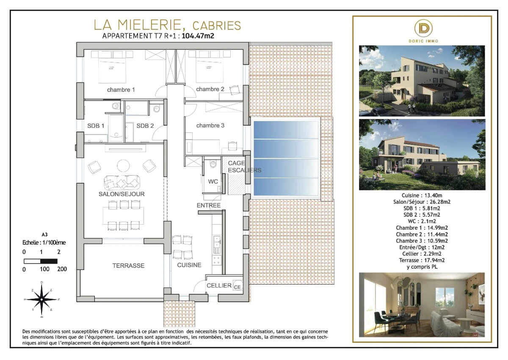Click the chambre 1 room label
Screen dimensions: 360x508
click(x=121, y=90)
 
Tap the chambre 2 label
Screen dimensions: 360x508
click(x=210, y=89)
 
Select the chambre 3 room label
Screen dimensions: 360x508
click(x=210, y=126)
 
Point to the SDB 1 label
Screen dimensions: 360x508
click(x=97, y=126)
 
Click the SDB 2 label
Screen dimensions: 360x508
click(x=145, y=126)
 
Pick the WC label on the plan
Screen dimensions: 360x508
click(x=213, y=181)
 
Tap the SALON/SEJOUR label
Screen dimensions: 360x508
click(x=121, y=194)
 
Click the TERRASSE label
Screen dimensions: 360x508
click(x=128, y=266)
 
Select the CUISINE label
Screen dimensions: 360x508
click(x=189, y=265)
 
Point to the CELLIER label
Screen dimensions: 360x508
click(x=219, y=286)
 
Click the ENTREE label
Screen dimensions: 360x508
click(x=209, y=206)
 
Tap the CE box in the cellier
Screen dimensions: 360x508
click(x=237, y=287)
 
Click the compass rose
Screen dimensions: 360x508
click(x=41, y=299)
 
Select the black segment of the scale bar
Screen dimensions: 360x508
click(x=49, y=261)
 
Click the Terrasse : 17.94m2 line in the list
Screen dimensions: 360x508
click(x=421, y=260)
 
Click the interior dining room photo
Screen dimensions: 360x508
click(x=422, y=304)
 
